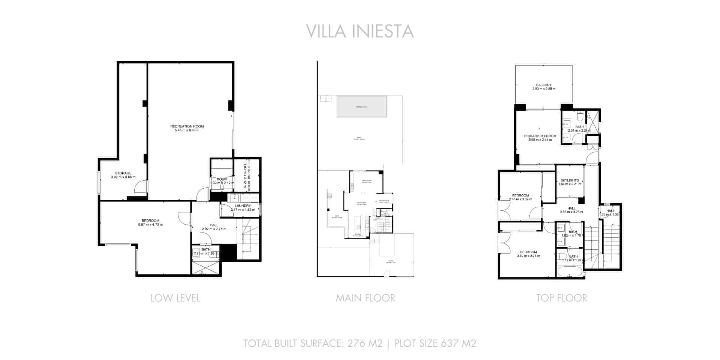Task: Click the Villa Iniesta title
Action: click(x=360, y=31)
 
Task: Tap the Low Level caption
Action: click(x=175, y=298)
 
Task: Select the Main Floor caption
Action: click(x=365, y=298)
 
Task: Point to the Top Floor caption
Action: click(x=561, y=298)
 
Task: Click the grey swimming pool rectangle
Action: click(x=361, y=106)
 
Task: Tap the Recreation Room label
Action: click(x=187, y=126)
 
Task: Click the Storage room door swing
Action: click(x=141, y=186)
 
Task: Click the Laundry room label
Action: click(x=243, y=206)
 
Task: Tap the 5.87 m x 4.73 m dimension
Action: click(x=150, y=225)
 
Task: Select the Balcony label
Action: click(x=543, y=85)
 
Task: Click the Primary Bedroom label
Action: click(x=540, y=136)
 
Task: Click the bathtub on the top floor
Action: click(x=570, y=271)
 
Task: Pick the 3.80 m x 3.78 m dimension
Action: click(x=528, y=256)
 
